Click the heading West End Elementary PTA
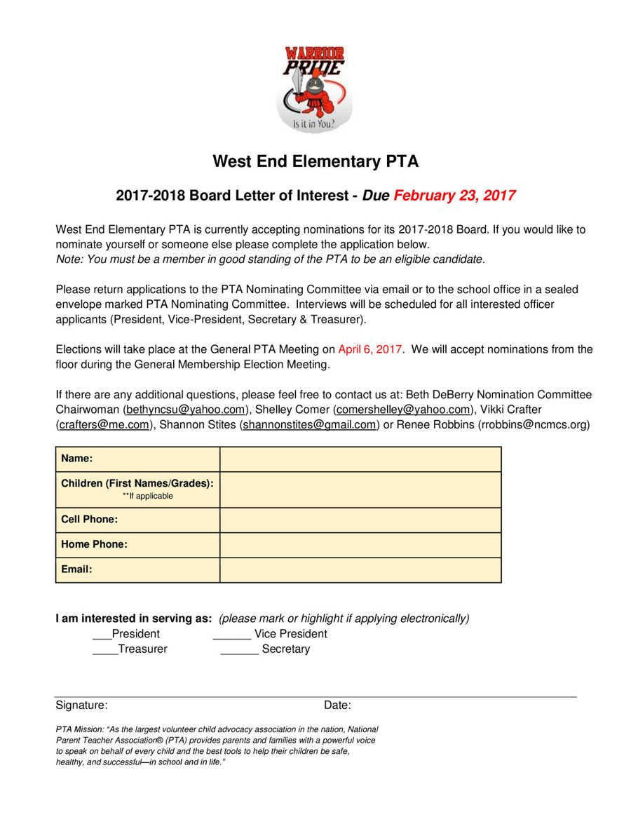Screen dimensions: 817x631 315,161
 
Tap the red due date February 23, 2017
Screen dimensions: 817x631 454,196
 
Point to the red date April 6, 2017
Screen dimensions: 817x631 370,349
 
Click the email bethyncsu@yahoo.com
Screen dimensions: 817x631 186,410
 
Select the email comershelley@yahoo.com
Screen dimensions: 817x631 402,410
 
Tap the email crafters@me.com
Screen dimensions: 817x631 104,424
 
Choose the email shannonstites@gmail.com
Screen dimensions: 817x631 309,424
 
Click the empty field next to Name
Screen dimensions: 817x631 360,459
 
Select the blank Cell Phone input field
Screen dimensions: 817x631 360,520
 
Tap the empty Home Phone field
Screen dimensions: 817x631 360,545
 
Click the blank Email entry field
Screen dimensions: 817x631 360,569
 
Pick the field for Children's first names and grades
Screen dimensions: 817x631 360,489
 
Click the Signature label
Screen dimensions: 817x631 81,705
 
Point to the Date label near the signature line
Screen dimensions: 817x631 337,705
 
